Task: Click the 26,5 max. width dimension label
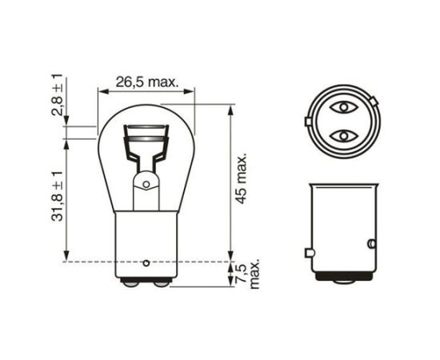(146, 82)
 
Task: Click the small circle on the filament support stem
(146, 185)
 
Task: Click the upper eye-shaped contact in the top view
(343, 107)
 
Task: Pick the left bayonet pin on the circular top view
(309, 122)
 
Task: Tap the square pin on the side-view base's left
(310, 254)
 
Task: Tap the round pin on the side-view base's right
(370, 242)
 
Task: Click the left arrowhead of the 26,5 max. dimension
(101, 91)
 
